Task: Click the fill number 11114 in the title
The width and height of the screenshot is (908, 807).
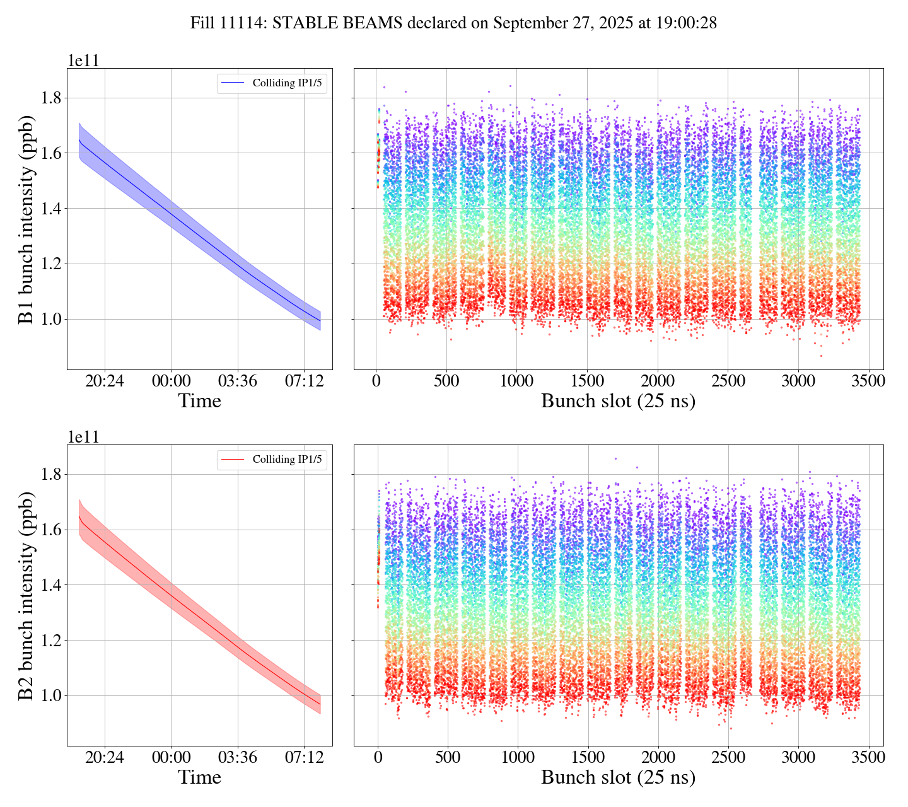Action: click(x=245, y=23)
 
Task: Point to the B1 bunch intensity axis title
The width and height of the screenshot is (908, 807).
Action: click(x=26, y=219)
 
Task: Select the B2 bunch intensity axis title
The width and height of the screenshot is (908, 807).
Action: click(x=26, y=595)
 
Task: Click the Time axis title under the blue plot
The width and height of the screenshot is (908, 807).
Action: click(x=199, y=401)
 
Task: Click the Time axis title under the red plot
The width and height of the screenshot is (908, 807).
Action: click(x=199, y=777)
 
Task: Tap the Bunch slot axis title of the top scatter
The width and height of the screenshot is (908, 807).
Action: click(x=618, y=401)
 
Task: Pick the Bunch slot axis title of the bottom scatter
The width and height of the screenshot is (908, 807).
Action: click(x=618, y=777)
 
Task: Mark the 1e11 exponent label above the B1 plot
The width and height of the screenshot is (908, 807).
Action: click(x=83, y=61)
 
